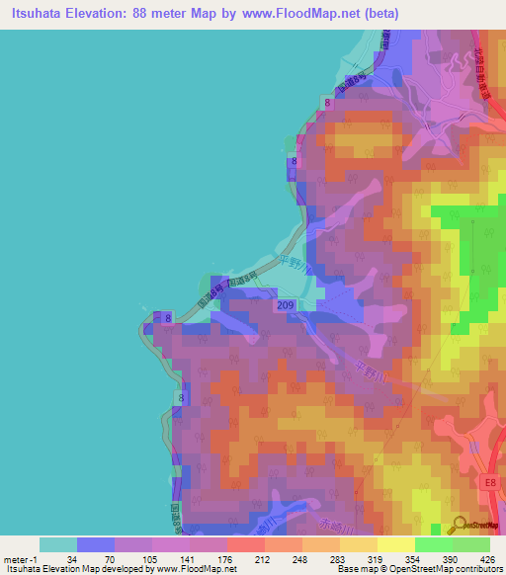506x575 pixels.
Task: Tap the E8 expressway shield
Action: (491, 482)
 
